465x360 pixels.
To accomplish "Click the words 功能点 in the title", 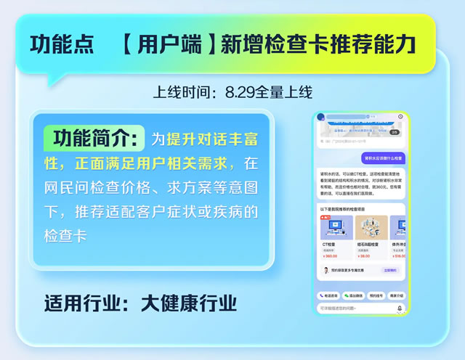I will click(x=62, y=44).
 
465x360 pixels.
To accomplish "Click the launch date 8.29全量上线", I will click(x=268, y=92).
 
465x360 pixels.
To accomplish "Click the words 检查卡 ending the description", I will click(x=65, y=237).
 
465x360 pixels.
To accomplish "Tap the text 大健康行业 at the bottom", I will click(x=189, y=302).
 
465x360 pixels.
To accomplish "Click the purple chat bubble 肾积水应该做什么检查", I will click(x=383, y=157).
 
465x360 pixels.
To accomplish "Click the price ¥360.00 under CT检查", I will click(x=331, y=256).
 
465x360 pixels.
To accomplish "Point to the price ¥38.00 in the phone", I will click(x=364, y=256).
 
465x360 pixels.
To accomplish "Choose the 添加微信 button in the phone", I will click(x=353, y=295).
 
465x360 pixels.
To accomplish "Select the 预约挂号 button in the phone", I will click(x=375, y=295).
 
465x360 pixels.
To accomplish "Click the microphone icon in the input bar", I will click(x=399, y=308).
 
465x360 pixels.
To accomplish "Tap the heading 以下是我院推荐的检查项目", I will click(x=344, y=208).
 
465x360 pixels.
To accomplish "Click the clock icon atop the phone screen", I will click(x=400, y=116).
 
